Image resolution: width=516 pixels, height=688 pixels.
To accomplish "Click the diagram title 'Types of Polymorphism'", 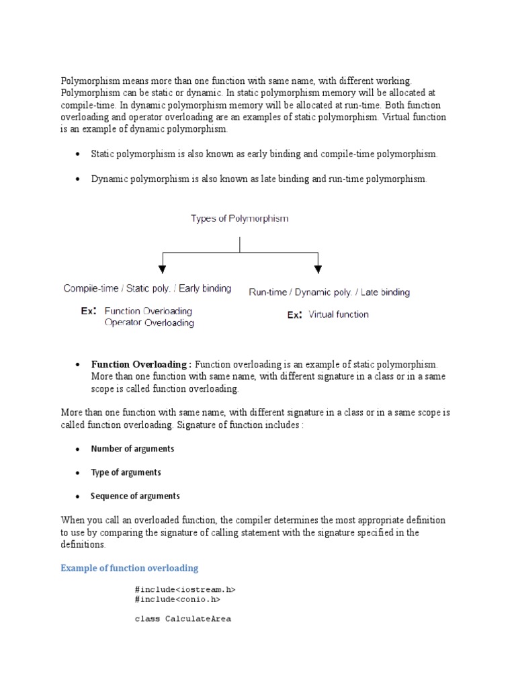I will point(240,219).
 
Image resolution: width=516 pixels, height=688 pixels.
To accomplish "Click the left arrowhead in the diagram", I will point(162,269).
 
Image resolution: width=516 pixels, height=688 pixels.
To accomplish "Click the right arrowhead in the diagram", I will point(318,269).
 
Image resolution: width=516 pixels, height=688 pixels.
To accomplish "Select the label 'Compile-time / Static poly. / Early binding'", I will point(147,288).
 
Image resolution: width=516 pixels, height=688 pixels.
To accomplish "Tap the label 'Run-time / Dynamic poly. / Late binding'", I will point(329,292).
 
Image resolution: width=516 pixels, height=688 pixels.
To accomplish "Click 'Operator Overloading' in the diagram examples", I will point(149,322).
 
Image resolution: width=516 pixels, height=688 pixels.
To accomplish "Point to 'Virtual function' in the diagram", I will point(339,314).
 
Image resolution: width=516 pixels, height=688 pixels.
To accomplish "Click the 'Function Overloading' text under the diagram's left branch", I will point(148,311).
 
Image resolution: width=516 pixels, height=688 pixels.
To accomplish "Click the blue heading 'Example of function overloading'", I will point(129,568).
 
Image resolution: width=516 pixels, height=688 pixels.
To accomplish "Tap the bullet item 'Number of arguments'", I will point(132,449).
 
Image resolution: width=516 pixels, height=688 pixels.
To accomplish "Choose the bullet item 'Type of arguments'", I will point(126,472).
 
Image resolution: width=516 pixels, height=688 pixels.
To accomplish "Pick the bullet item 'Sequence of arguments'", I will point(135,496).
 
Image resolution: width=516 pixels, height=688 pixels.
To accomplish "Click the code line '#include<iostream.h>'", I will point(185,589).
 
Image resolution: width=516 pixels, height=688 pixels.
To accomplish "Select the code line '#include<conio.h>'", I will point(177,599).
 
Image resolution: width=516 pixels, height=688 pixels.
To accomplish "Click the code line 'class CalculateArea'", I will point(183,618).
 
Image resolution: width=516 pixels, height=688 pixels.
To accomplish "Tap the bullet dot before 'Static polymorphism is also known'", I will point(77,155).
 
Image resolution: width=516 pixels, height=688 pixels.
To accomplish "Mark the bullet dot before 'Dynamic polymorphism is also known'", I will point(77,179).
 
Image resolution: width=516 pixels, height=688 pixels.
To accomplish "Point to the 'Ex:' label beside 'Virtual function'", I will point(294,314).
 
